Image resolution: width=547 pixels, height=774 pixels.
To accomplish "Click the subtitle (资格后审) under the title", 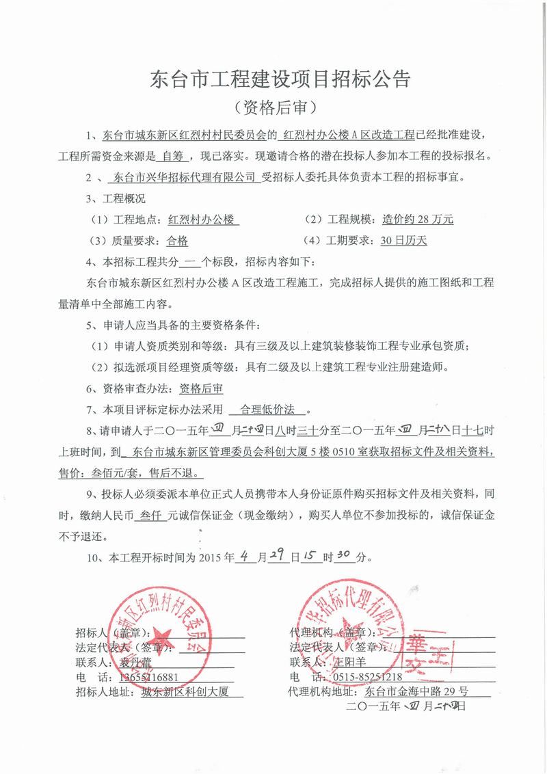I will [x=274, y=107].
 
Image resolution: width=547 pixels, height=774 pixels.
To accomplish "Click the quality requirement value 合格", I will [x=178, y=241].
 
